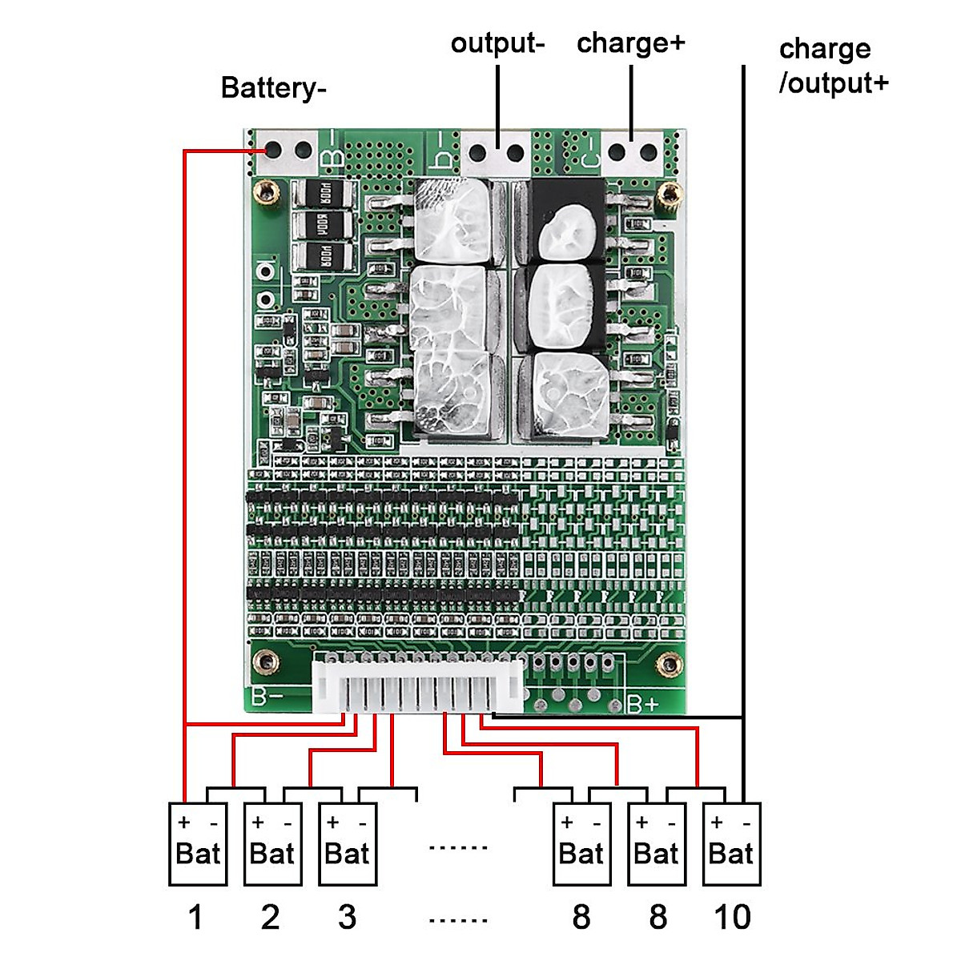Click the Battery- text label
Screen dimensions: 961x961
273,87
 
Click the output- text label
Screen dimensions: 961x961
497,42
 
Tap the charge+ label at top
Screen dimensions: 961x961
630,42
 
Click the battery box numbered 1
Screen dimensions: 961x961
198,844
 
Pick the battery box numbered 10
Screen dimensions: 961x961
731,844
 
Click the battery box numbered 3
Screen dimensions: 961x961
348,844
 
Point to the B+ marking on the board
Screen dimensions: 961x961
642,704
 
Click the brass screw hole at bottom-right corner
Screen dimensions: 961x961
668,663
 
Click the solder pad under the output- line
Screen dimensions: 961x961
497,153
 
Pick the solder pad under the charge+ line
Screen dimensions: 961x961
632,152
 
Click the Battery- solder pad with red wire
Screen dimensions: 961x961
273,150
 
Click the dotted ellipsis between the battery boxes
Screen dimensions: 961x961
458,847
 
